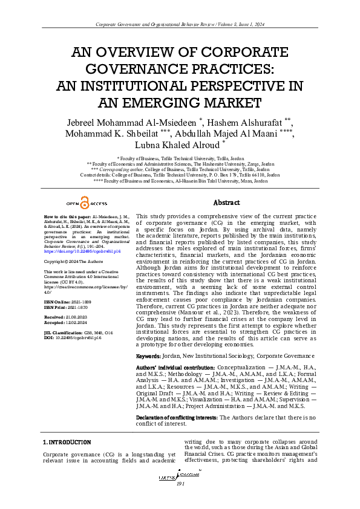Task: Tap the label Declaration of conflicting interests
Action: pos(176,417)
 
